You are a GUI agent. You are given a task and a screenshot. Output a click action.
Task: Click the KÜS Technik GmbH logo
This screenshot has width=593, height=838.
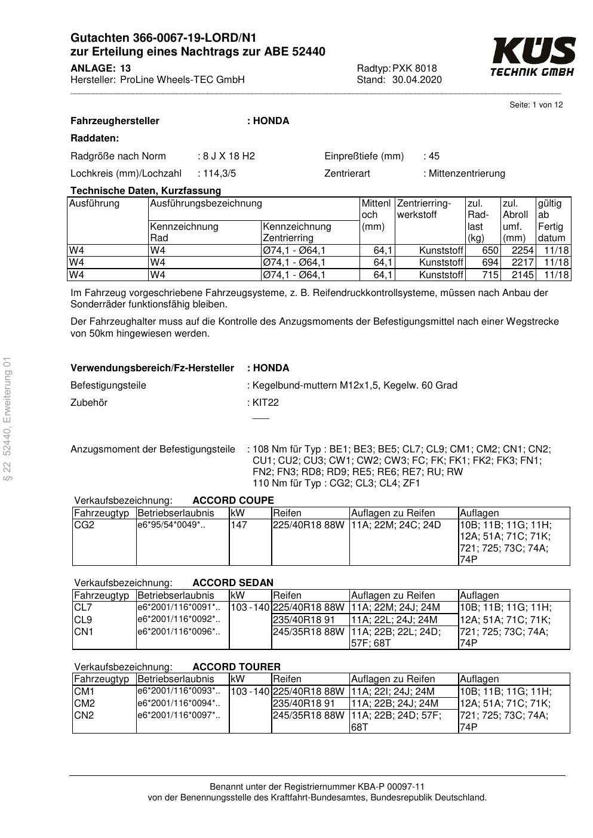(x=533, y=57)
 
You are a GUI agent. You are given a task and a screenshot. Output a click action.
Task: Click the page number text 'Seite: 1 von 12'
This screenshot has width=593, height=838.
(x=536, y=105)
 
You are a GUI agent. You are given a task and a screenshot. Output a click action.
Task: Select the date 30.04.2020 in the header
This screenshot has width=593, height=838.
(x=417, y=80)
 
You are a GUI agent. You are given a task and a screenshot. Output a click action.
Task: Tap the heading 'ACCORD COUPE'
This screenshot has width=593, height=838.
(x=233, y=501)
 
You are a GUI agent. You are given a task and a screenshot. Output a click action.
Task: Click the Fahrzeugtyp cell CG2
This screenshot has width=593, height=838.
(x=84, y=525)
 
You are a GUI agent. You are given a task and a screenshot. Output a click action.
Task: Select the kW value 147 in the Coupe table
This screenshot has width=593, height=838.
(x=239, y=525)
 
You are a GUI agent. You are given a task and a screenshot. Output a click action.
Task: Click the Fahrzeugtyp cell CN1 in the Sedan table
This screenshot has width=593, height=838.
(x=84, y=631)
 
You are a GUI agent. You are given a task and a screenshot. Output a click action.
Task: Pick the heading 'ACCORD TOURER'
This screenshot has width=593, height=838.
(x=236, y=667)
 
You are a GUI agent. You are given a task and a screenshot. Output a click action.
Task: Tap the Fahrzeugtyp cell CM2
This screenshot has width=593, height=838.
(x=85, y=703)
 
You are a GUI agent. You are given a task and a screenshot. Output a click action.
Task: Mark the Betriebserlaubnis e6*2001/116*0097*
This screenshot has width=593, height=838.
(x=179, y=715)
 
